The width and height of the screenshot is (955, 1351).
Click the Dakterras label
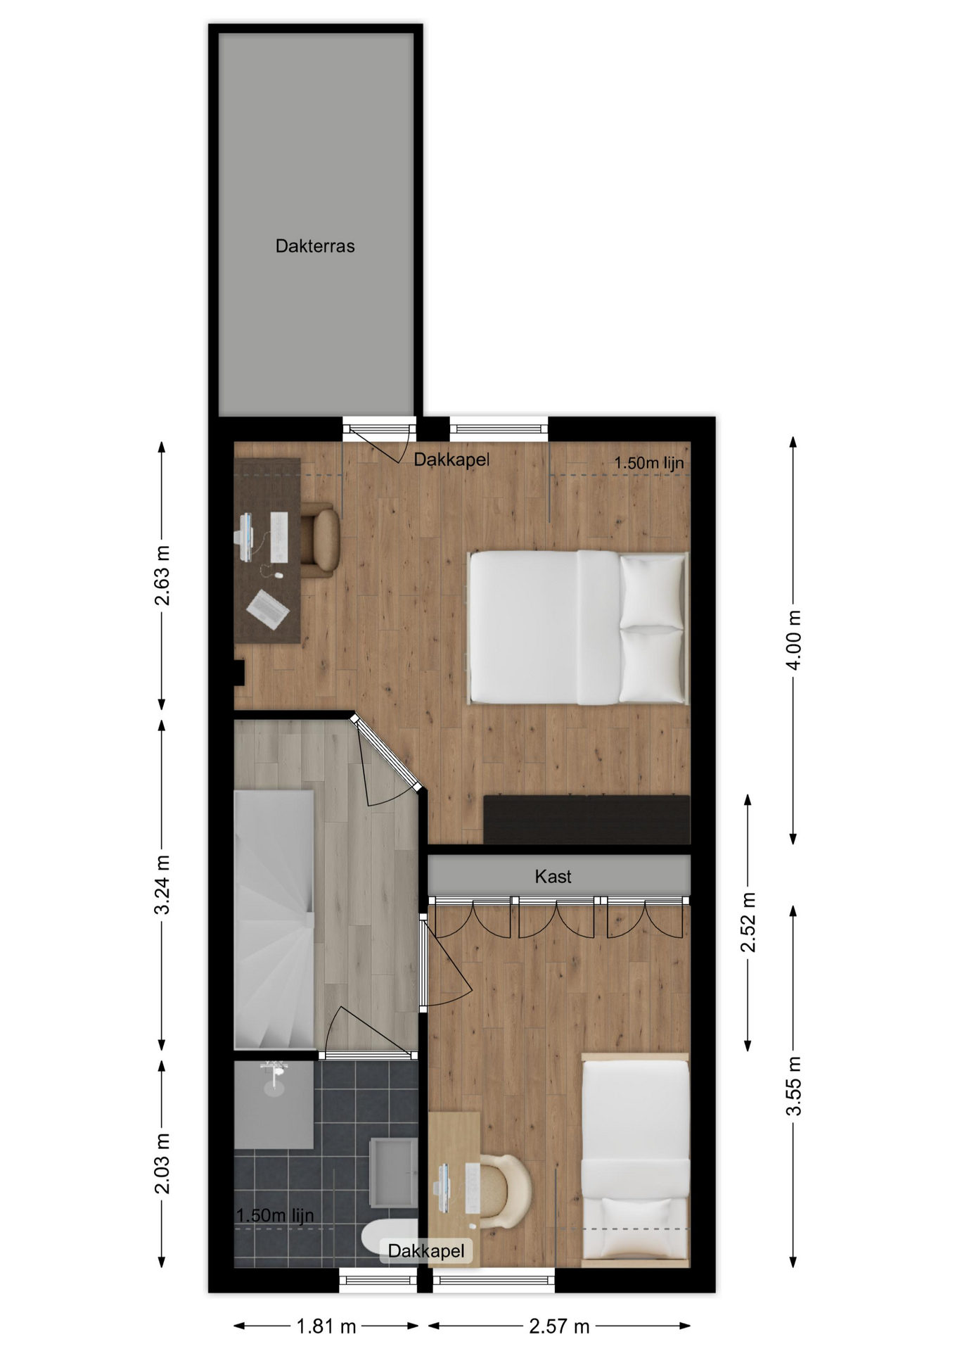point(314,246)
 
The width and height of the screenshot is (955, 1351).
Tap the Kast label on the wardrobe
point(553,876)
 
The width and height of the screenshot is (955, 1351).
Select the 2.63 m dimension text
point(162,575)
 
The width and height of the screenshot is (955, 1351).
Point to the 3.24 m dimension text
point(162,884)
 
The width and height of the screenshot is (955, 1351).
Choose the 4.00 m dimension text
point(793,640)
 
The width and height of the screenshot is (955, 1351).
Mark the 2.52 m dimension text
point(748,922)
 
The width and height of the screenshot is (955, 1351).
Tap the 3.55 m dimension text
point(793,1086)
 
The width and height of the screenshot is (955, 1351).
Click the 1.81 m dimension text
point(326,1326)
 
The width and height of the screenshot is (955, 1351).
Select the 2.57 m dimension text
point(559,1326)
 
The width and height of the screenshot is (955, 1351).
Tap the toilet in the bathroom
point(388,1237)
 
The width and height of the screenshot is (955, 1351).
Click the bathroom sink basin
point(393,1172)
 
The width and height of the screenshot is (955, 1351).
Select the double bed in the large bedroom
point(578,627)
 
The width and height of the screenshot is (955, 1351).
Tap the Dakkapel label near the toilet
point(426,1250)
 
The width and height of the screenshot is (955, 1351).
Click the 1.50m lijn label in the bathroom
point(275,1215)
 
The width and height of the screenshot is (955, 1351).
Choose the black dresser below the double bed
point(587,819)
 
